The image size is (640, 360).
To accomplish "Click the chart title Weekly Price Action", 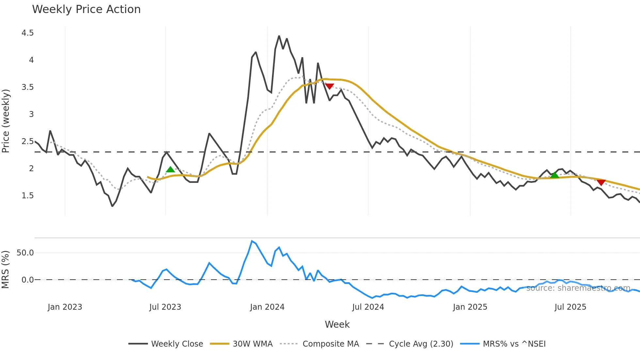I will point(86,9).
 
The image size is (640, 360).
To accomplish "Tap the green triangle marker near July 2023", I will point(170,169).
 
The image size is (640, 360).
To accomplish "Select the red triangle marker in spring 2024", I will point(329,86).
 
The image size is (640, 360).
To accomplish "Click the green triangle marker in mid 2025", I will point(554,175).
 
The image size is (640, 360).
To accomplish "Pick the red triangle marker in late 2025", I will point(601,182).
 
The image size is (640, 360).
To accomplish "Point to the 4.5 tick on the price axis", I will point(27,33).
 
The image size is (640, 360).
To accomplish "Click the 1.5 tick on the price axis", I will point(27,196).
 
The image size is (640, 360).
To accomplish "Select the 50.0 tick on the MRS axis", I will point(25,253).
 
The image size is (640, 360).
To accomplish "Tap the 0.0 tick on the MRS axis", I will point(27,280).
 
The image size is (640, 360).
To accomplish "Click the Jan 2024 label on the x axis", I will point(267,307).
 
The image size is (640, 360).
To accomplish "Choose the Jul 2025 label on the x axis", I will point(570,307).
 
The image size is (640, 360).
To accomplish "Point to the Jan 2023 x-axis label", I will point(65,307).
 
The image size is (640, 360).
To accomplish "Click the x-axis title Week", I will point(337,324).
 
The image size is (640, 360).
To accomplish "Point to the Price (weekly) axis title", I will point(6,121).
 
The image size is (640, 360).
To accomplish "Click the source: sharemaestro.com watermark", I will point(578,288).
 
